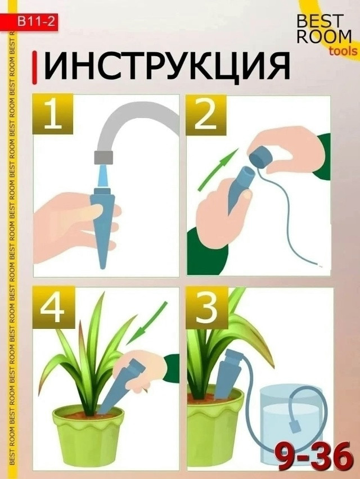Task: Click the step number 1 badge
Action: (52, 114)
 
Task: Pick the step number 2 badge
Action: (206, 114)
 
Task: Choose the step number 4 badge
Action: (53, 308)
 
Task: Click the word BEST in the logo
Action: (319, 21)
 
